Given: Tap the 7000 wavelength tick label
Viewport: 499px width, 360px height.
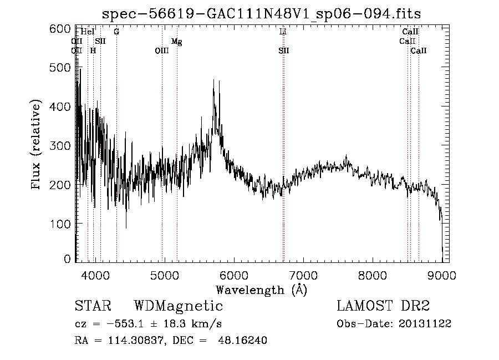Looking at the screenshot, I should pyautogui.click(x=303, y=273).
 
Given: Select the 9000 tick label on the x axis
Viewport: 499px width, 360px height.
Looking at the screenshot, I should pyautogui.click(x=442, y=273).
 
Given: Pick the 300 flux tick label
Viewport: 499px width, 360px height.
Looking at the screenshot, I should pyautogui.click(x=62, y=145).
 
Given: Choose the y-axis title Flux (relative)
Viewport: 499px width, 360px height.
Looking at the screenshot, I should pyautogui.click(x=37, y=145).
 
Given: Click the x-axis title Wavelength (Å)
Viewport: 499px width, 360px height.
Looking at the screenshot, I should pyautogui.click(x=261, y=290).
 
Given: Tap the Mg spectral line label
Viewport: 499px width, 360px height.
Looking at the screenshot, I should pyautogui.click(x=176, y=42).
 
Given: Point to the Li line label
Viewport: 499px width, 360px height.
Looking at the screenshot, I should pyautogui.click(x=283, y=32).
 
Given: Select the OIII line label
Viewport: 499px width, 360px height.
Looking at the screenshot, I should pyautogui.click(x=161, y=50).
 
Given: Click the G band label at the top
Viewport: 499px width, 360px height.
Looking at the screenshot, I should pyautogui.click(x=116, y=32).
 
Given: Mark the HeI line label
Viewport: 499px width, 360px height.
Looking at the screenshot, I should pyautogui.click(x=88, y=32).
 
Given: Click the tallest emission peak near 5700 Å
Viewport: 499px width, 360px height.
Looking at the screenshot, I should pyautogui.click(x=213, y=81).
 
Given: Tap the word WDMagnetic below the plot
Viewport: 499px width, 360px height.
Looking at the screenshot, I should pyautogui.click(x=179, y=306).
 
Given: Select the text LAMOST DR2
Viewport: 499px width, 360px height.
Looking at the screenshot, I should pyautogui.click(x=383, y=306).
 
